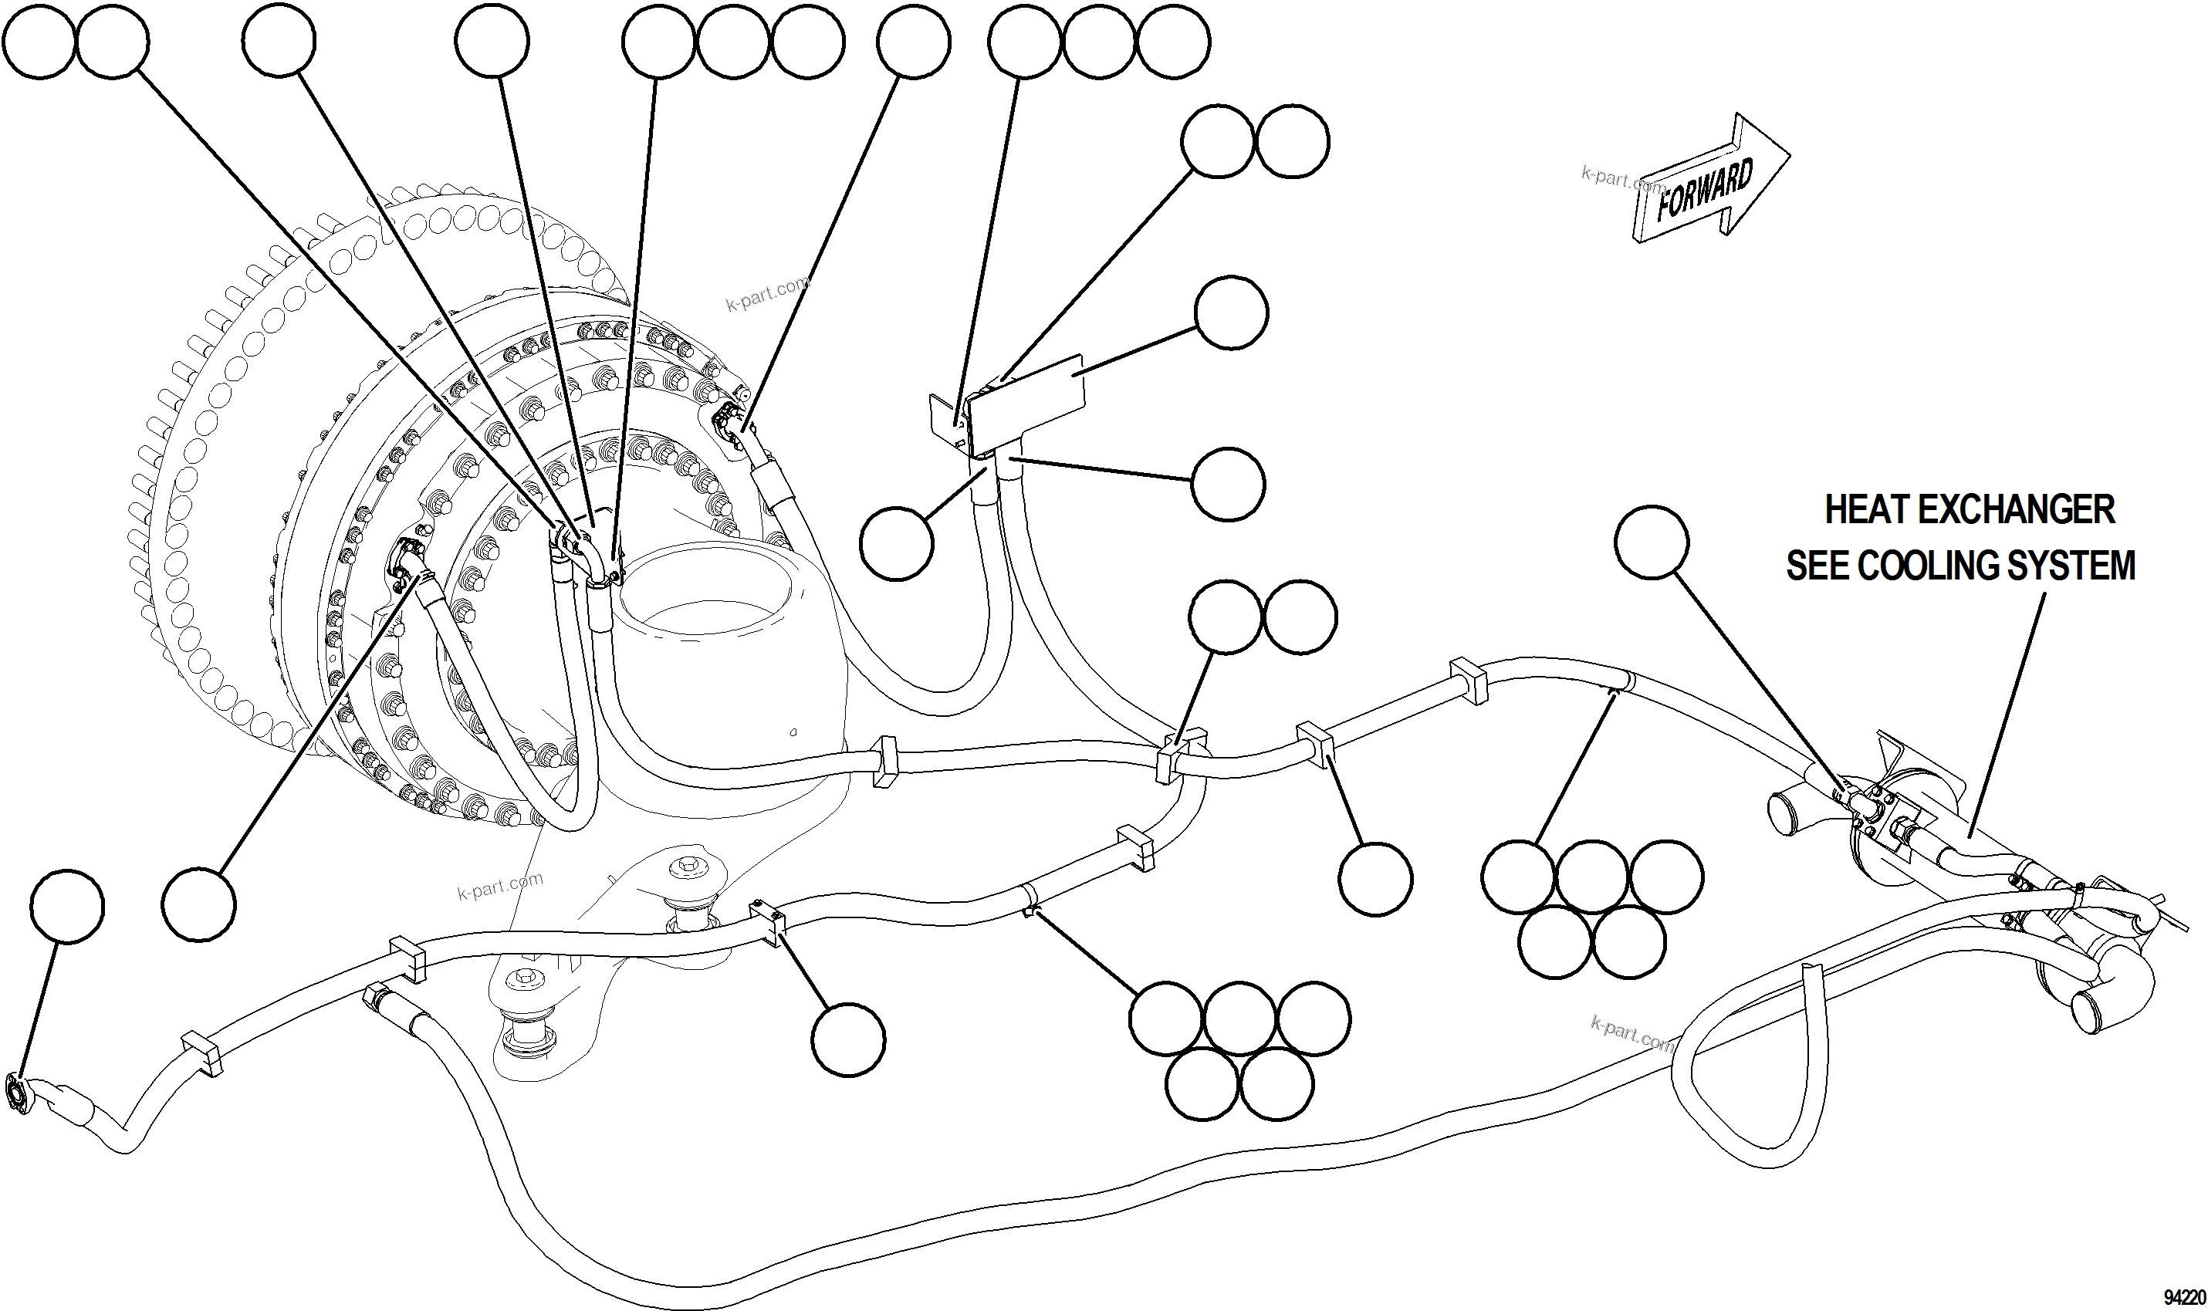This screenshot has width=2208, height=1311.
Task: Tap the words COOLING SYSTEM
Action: [1997, 566]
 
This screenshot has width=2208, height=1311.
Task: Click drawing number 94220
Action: [2184, 1298]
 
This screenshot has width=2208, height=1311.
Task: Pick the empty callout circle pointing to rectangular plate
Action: [1231, 313]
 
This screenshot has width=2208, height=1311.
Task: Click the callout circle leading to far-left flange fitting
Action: [66, 907]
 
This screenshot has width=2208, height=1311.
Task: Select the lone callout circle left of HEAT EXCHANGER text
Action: [1652, 542]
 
